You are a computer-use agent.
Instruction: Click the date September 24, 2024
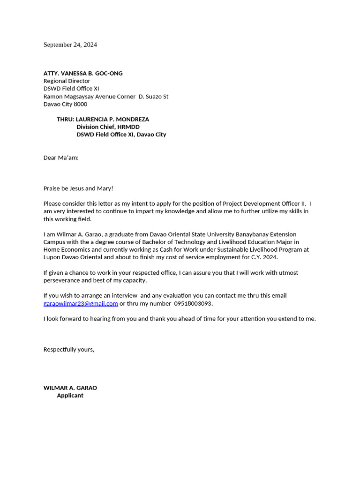(x=70, y=45)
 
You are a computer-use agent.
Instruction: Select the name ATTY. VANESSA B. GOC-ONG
(x=83, y=74)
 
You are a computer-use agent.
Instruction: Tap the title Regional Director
(x=67, y=81)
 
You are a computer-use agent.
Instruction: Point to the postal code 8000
(x=80, y=104)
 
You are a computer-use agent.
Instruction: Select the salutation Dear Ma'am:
(x=61, y=158)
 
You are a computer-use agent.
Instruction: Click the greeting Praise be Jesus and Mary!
(x=78, y=188)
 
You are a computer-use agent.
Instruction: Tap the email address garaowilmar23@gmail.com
(x=81, y=304)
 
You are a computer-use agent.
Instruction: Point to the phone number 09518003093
(x=193, y=304)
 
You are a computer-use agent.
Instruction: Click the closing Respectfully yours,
(x=69, y=350)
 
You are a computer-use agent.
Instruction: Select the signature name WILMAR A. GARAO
(x=70, y=388)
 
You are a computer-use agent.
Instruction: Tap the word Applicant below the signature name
(x=70, y=396)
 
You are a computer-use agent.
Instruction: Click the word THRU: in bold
(x=66, y=120)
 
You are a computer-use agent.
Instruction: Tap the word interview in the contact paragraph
(x=123, y=296)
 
